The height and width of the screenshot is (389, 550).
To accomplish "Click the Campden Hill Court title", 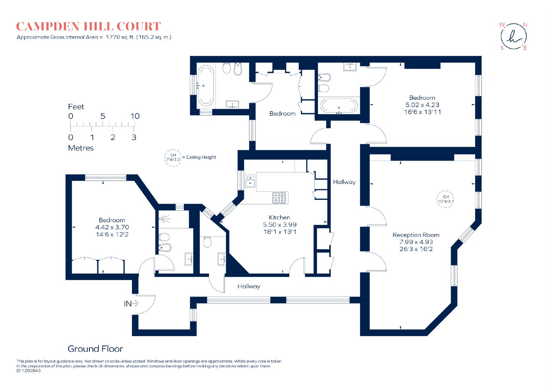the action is click(x=88, y=26).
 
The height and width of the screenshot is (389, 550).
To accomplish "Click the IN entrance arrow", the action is click(x=135, y=303).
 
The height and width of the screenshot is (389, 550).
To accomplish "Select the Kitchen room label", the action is click(x=279, y=217).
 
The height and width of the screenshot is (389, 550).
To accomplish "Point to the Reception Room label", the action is click(x=416, y=235).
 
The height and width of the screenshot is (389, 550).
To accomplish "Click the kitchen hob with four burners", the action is click(x=279, y=198).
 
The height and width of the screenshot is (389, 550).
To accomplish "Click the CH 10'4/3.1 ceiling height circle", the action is click(x=445, y=199).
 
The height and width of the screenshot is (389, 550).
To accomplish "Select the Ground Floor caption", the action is click(x=95, y=349).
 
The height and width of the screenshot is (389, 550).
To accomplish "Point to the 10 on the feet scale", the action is click(x=135, y=116).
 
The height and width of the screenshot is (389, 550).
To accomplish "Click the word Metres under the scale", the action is click(x=80, y=148).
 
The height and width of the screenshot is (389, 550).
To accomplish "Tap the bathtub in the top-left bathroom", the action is click(x=206, y=86).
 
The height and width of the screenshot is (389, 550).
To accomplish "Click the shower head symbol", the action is click(x=164, y=218).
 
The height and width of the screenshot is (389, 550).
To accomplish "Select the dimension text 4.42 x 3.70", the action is click(x=112, y=227).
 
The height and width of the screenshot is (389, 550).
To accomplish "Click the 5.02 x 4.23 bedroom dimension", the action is click(x=422, y=105).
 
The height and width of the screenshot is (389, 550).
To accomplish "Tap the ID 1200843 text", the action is click(x=29, y=371).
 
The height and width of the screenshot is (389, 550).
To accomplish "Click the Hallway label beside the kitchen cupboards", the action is click(x=344, y=182).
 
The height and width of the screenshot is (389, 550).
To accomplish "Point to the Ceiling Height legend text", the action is click(x=201, y=157).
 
